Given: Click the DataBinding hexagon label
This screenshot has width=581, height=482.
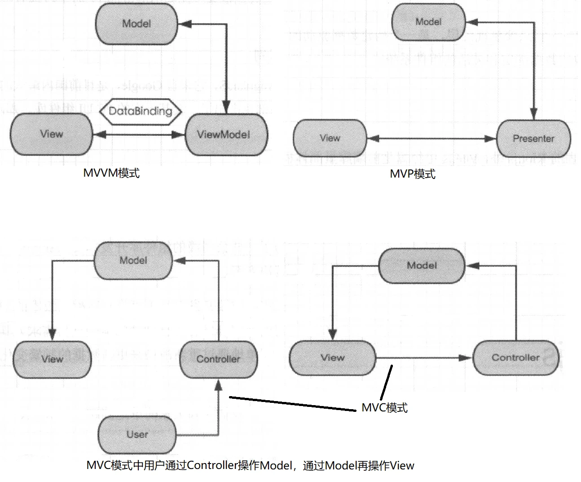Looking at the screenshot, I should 141,111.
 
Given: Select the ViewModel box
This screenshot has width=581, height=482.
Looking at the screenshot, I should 226,134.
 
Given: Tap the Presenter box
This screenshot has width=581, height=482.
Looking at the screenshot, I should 533,138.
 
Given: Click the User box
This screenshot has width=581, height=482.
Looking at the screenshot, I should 137,434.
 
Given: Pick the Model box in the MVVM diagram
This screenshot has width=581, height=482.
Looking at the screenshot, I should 136,24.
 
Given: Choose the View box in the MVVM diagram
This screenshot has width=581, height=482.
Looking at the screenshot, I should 51,134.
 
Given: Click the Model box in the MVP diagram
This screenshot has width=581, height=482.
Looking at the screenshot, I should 428,22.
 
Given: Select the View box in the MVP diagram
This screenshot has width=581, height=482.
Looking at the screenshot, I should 330,138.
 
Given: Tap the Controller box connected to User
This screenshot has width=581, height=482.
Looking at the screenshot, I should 218,359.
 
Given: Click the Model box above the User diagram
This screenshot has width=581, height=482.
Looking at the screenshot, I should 133,260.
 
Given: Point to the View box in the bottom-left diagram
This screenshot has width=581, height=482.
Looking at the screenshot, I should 52,359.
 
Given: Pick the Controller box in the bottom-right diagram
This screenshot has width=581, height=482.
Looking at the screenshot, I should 515,358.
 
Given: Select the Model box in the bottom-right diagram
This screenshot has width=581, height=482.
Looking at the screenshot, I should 422,265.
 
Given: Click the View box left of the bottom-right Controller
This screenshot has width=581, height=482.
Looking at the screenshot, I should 332,358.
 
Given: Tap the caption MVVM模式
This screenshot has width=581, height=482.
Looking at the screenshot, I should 111,173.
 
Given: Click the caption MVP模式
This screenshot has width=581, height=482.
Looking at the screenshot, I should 413,174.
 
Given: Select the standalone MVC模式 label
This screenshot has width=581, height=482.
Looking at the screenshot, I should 385,408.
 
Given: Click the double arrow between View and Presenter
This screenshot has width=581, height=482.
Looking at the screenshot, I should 431,139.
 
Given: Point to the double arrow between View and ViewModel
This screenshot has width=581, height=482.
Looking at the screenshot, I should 139,134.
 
